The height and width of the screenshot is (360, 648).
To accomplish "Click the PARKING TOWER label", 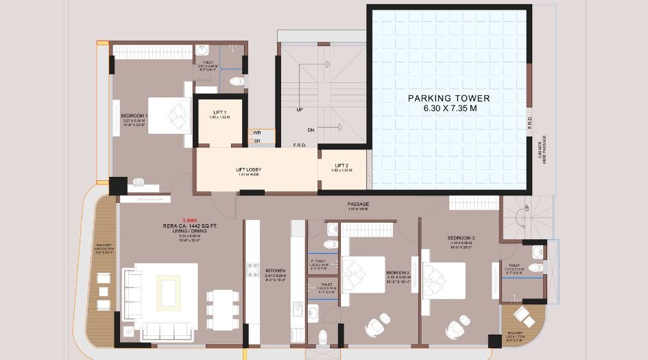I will (x=448, y=98).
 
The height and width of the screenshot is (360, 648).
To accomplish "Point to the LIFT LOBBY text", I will (x=249, y=169).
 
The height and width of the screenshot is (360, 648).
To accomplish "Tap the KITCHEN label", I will (x=275, y=271).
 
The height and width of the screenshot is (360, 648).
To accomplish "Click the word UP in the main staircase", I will (x=300, y=109).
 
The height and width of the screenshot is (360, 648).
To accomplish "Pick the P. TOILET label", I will (x=318, y=262).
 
